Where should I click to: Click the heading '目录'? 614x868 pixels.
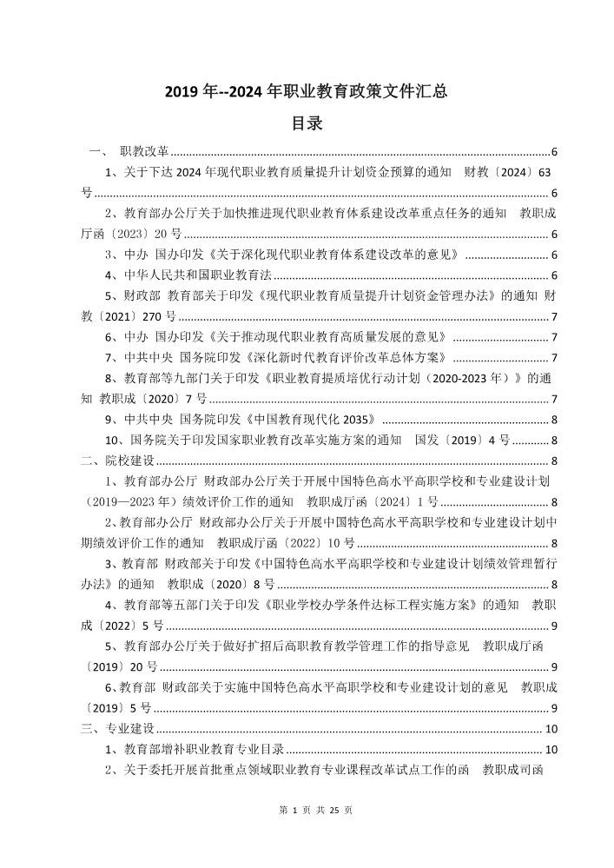pyautogui.click(x=307, y=124)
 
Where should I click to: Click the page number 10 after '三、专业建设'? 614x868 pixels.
pyautogui.click(x=550, y=727)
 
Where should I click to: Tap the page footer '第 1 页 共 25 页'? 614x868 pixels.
pyautogui.click(x=307, y=810)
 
